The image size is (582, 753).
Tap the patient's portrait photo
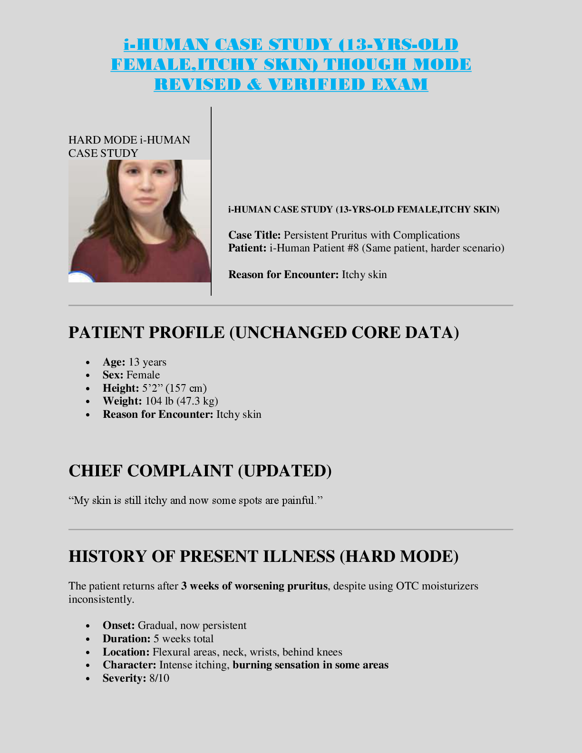pos(139,221)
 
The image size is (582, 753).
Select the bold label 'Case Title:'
pos(254,235)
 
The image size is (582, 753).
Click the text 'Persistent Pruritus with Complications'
pos(371,235)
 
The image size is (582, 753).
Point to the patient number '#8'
pos(352,248)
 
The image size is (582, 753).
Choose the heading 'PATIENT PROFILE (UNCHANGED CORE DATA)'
pos(263,332)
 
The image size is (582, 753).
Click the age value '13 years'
pos(147,362)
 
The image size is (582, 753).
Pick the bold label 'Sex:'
pos(113,375)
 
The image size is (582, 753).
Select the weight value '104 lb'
pos(159,401)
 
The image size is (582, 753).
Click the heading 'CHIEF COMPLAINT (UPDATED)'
pos(200,471)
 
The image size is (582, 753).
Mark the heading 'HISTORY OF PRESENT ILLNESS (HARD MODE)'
pos(263,556)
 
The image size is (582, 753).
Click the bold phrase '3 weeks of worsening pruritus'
pos(254,586)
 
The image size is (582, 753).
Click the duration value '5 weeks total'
pos(184,639)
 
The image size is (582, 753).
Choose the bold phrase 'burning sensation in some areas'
pos(310,665)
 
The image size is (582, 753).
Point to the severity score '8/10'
pos(159,678)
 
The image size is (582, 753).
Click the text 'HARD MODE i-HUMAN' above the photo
pos(129,140)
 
